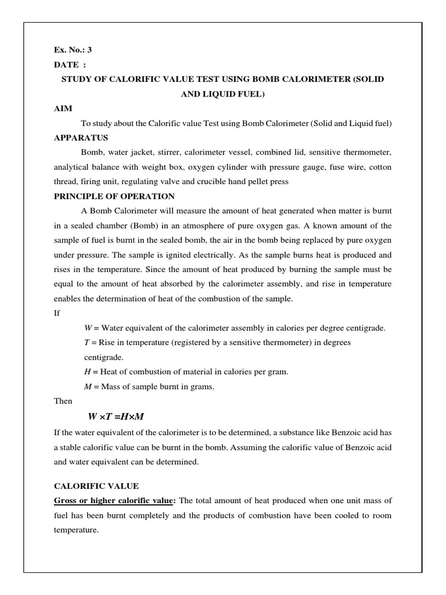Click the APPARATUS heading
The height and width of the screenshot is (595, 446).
click(x=78, y=138)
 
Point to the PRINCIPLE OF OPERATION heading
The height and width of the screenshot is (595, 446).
click(x=114, y=196)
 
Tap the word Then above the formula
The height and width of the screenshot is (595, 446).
click(x=63, y=401)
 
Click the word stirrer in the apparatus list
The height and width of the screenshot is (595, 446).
click(x=172, y=152)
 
